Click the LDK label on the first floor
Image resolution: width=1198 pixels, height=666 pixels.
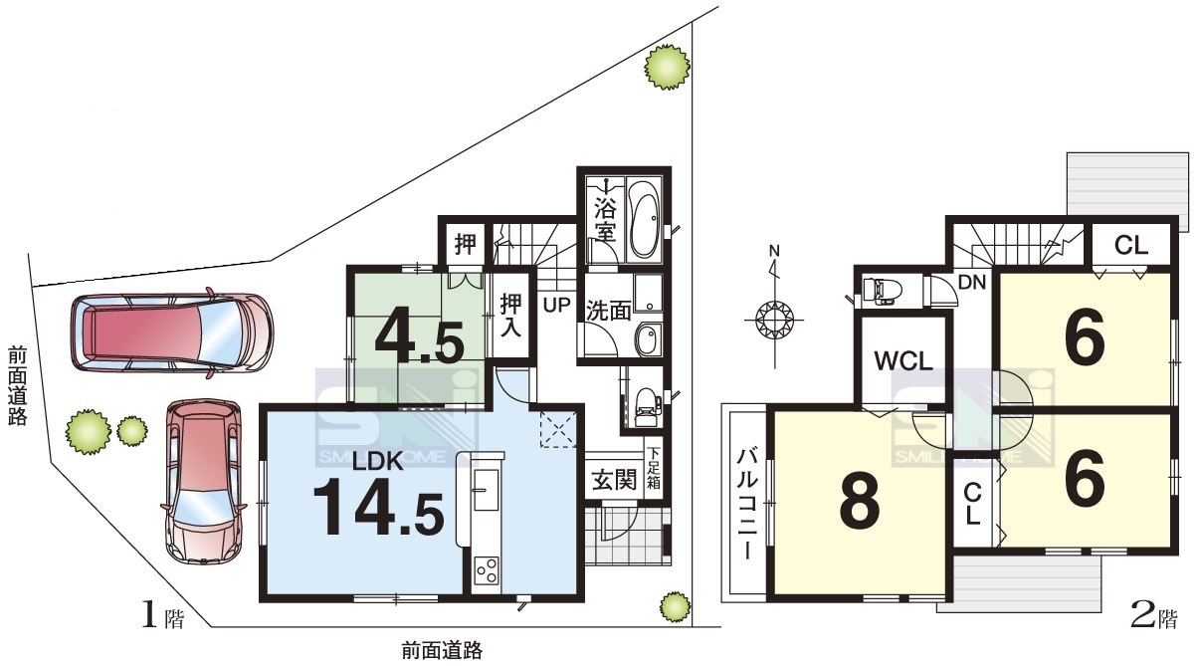378,461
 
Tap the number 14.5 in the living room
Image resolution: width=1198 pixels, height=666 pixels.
379,507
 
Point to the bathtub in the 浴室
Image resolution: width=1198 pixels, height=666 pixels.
645,219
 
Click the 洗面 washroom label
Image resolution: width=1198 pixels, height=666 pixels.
608,311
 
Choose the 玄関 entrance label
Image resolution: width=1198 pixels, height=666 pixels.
615,480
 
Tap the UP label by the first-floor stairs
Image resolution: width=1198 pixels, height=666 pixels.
557,305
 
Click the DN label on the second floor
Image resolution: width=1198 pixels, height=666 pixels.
972,282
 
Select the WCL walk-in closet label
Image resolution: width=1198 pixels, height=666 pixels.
903,361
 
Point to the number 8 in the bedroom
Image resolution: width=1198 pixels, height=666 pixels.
860,499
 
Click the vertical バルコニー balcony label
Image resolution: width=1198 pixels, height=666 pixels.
747,505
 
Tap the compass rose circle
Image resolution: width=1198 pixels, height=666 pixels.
773,321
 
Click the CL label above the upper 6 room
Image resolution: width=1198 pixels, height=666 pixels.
1131,246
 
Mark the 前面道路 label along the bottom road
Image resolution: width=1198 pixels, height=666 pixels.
442,651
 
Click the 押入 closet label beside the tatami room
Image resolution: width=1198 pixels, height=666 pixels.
510,315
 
